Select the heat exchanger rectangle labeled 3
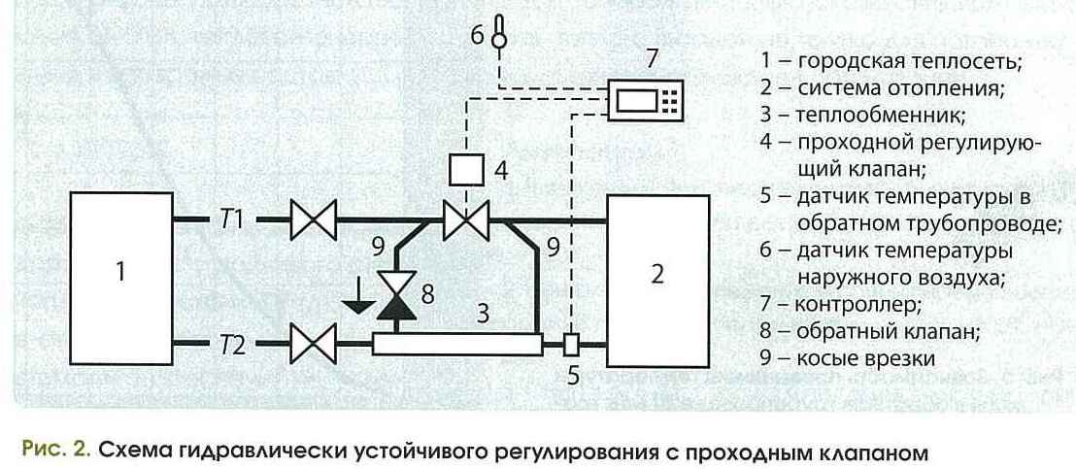(x=456, y=343)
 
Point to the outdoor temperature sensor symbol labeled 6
(x=499, y=34)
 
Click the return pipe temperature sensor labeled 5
(x=572, y=344)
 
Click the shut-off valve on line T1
(x=313, y=221)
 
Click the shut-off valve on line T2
(x=313, y=343)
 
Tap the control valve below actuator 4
(x=463, y=221)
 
